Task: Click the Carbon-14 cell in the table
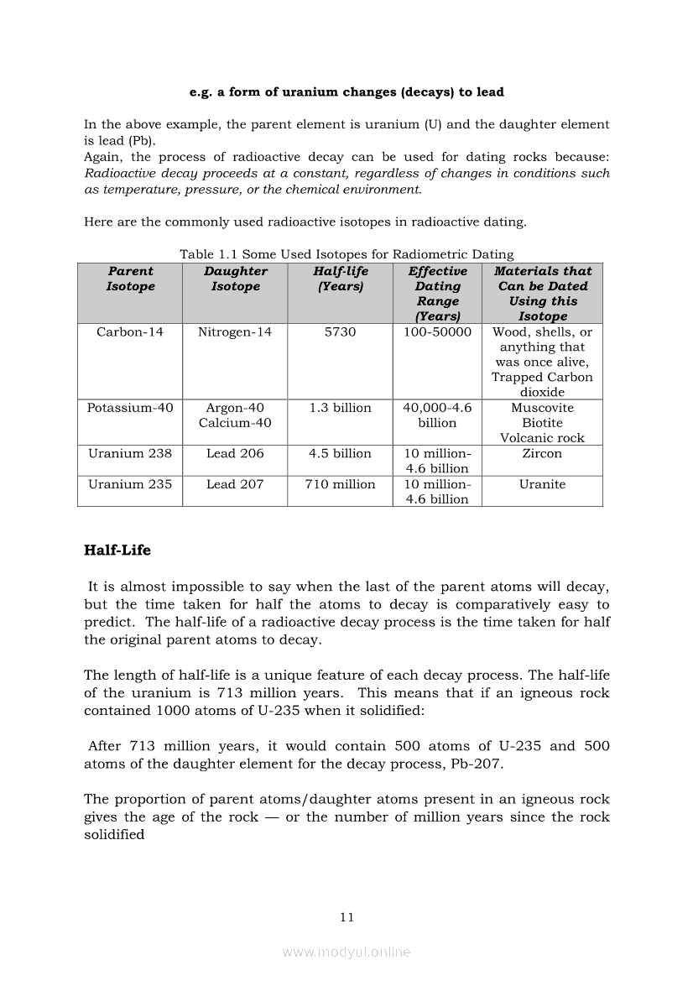pos(130,331)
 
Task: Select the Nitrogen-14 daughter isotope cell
pos(235,331)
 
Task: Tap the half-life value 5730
pos(340,331)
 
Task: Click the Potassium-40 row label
pos(130,408)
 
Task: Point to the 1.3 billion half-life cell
pos(340,408)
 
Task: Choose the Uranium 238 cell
pos(130,453)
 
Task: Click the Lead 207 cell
pos(235,484)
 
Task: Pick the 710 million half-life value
pos(340,484)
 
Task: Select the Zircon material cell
pos(542,453)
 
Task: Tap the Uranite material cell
pos(542,484)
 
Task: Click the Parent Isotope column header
pos(130,279)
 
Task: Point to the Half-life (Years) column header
pos(340,279)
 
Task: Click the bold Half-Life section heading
pos(117,551)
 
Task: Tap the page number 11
pos(346,917)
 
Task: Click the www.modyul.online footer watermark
pos(346,952)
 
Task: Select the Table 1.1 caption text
pos(346,254)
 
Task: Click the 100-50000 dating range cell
pos(437,331)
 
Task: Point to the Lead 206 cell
pos(235,453)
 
